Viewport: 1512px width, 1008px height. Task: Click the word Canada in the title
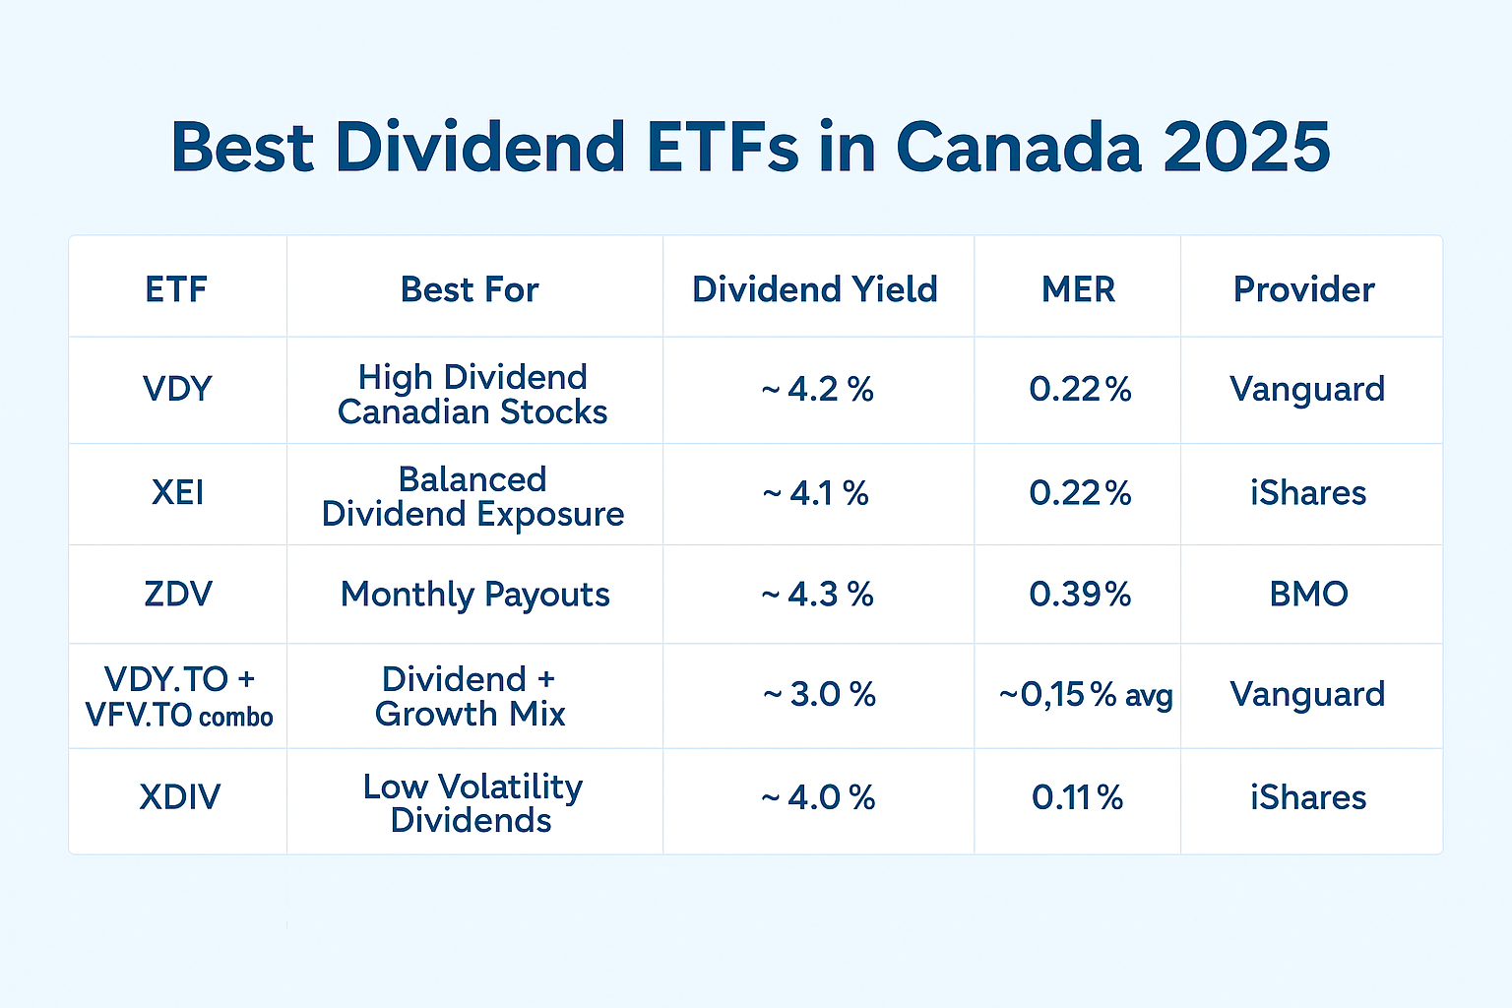[x=1018, y=148]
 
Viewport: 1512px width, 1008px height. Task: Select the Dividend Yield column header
[x=815, y=289]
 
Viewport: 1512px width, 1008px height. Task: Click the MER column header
[x=1078, y=289]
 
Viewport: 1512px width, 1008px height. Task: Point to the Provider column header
[x=1303, y=289]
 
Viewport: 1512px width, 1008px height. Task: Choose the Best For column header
[x=470, y=289]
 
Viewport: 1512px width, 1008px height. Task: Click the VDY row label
[x=177, y=389]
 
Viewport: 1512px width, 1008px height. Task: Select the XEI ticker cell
[x=177, y=492]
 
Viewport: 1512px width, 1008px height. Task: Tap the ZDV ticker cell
[x=177, y=595]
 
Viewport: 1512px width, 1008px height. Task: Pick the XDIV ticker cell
[x=179, y=796]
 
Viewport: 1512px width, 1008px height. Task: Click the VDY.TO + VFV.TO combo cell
[x=179, y=696]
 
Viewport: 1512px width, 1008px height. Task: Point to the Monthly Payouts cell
[x=474, y=595]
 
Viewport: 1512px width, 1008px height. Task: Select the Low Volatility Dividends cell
[x=472, y=803]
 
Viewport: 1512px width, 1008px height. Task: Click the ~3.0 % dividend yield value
[x=819, y=695]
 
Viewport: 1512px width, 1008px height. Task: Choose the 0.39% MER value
[x=1080, y=595]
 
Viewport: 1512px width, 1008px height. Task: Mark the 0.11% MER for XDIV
[x=1078, y=797]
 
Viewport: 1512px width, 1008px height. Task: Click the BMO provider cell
[x=1308, y=595]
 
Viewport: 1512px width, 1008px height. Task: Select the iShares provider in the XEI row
[x=1308, y=492]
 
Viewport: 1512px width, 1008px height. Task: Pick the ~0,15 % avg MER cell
[x=1085, y=695]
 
